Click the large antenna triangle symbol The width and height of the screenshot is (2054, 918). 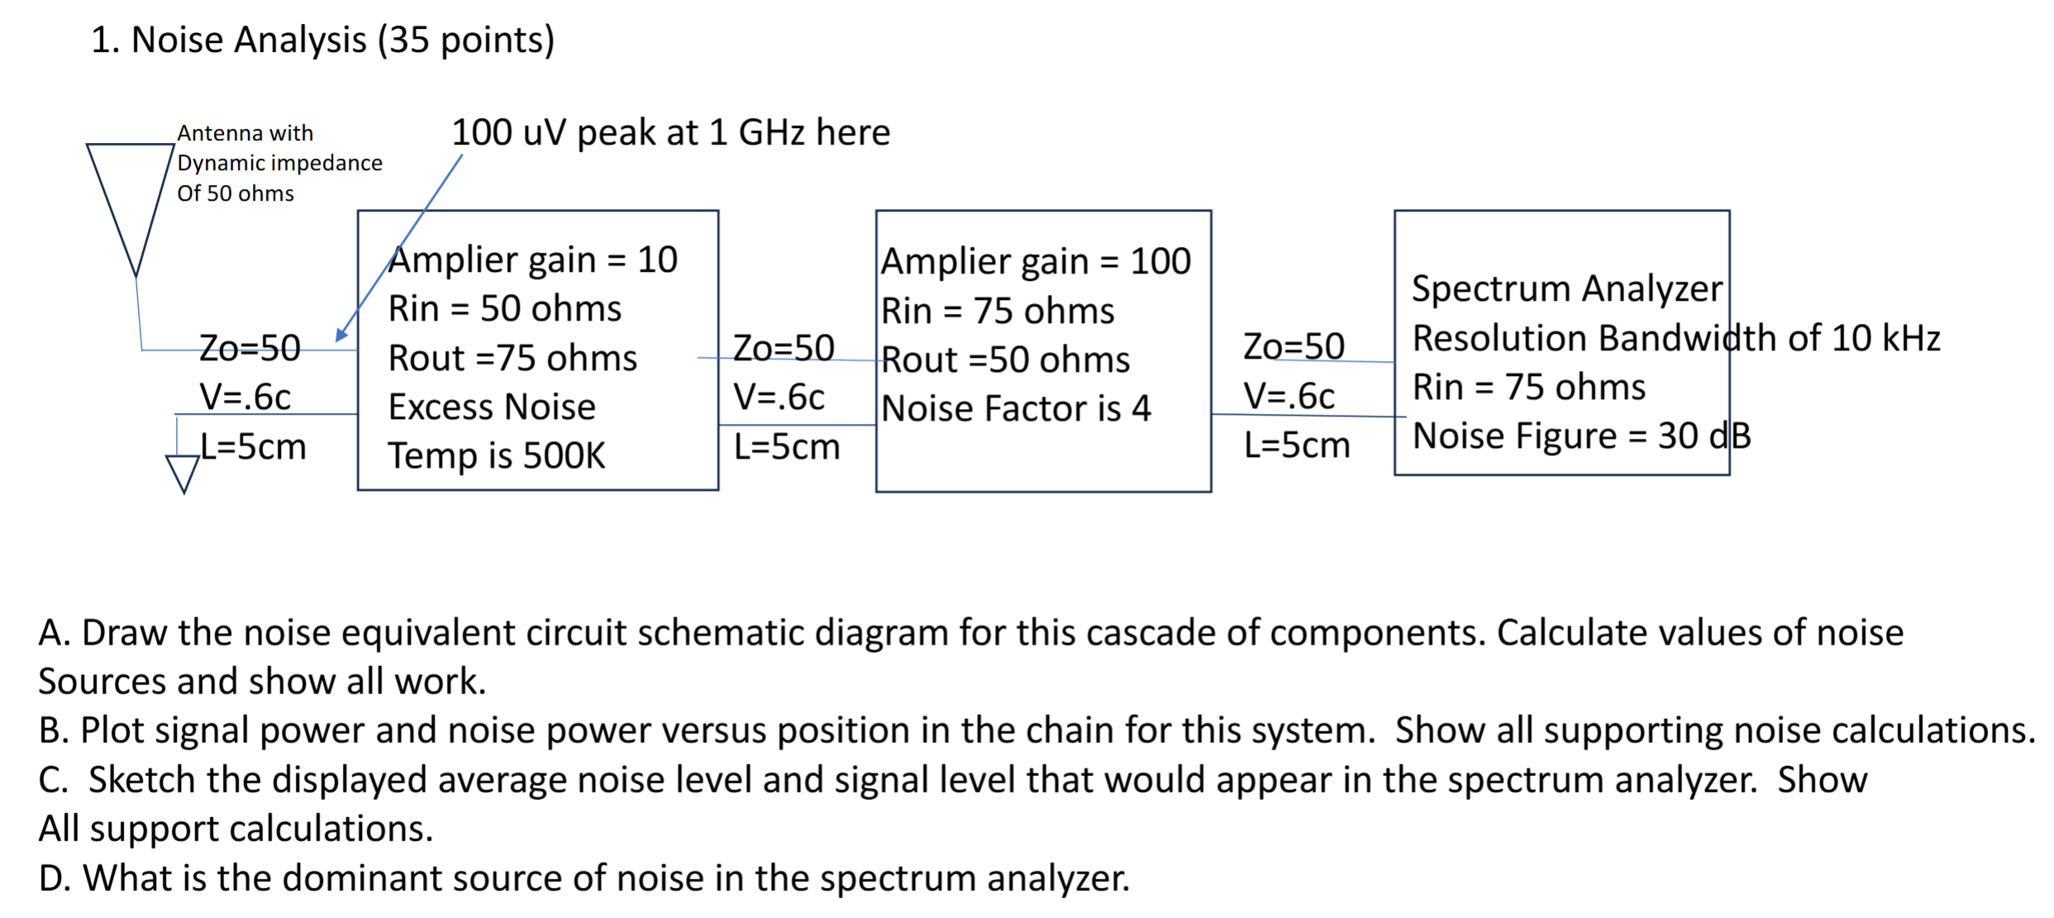tap(131, 194)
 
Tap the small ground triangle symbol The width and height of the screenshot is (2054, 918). tap(183, 472)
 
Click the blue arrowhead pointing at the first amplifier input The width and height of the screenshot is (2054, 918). tap(341, 335)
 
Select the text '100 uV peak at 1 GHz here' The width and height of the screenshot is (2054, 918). tap(670, 132)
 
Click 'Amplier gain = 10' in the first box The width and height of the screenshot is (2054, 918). tap(533, 260)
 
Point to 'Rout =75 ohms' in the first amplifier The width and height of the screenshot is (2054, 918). tap(512, 359)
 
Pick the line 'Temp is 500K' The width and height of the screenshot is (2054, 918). tap(497, 456)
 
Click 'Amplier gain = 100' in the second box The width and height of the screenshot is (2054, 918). tap(1036, 262)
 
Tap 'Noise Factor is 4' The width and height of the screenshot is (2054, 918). tap(1016, 409)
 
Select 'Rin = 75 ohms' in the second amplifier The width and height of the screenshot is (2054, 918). tap(998, 312)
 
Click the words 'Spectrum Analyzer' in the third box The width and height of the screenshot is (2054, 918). tap(1566, 289)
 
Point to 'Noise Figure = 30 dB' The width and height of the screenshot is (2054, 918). tap(1581, 436)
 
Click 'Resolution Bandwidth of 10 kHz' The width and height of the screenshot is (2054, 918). tap(1675, 339)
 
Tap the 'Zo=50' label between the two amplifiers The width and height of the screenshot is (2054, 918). tap(784, 348)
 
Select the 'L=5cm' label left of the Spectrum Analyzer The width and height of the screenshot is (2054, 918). tap(1297, 446)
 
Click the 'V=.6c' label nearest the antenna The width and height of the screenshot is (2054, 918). tap(245, 397)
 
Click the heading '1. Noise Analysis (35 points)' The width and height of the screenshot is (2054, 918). tap(322, 40)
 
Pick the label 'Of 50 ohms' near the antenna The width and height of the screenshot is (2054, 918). tap(236, 193)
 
